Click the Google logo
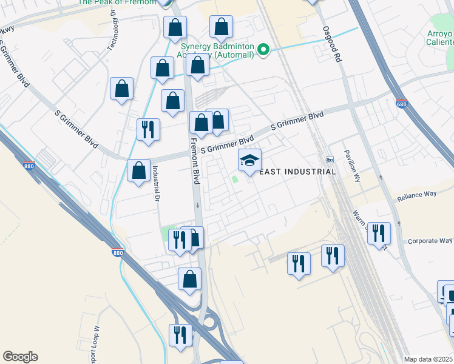pyautogui.click(x=20, y=357)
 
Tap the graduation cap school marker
pyautogui.click(x=249, y=161)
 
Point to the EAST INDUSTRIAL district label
pyautogui.click(x=297, y=172)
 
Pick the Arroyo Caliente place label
pyautogui.click(x=438, y=38)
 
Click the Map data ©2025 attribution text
pyautogui.click(x=428, y=359)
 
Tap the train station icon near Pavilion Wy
pyautogui.click(x=330, y=160)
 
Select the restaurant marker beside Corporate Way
pyautogui.click(x=379, y=232)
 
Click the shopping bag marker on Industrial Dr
pyautogui.click(x=139, y=170)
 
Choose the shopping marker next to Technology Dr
pyautogui.click(x=122, y=89)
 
